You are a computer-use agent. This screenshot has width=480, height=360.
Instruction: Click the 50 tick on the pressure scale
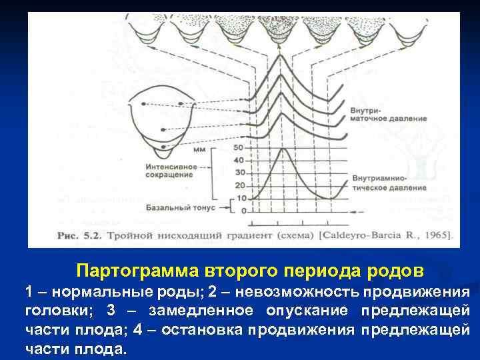[x=240, y=147]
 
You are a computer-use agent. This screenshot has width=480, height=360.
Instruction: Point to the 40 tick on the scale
[x=240, y=160]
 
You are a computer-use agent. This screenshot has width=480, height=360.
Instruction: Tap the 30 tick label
[x=240, y=173]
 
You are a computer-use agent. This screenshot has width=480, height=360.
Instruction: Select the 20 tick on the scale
[x=240, y=185]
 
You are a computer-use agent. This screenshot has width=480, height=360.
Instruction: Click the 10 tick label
[x=240, y=198]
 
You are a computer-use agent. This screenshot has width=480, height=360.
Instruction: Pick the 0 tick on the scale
[x=243, y=211]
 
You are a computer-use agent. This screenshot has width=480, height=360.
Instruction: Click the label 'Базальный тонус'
[x=183, y=209]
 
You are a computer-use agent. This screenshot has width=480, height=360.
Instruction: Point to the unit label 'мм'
[x=198, y=150]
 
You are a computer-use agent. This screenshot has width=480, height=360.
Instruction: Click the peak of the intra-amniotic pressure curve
[x=285, y=149]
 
